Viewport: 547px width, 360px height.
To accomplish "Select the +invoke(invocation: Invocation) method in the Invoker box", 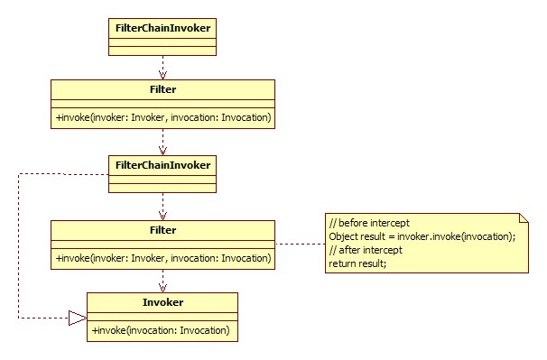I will [162, 330].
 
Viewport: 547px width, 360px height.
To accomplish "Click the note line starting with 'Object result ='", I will [422, 236].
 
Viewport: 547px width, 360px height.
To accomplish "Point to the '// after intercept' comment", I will [366, 250].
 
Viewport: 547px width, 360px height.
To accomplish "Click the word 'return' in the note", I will [342, 263].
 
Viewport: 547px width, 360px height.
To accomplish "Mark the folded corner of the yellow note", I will [521, 217].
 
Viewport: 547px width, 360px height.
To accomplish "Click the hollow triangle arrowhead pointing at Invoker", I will [77, 318].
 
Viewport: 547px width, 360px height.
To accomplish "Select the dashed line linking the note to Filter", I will [300, 244].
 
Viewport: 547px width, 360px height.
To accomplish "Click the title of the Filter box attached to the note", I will [162, 230].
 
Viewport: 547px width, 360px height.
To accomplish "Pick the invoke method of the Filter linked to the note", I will [163, 258].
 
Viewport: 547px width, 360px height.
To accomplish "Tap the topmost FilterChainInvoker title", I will [162, 27].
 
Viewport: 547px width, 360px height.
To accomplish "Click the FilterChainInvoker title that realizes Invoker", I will [162, 165].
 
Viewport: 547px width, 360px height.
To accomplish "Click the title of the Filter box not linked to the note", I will [162, 90].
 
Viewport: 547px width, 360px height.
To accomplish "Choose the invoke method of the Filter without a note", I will [163, 118].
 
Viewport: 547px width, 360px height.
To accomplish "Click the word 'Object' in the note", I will [344, 236].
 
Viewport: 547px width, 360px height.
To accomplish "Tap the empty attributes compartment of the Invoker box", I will [162, 317].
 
